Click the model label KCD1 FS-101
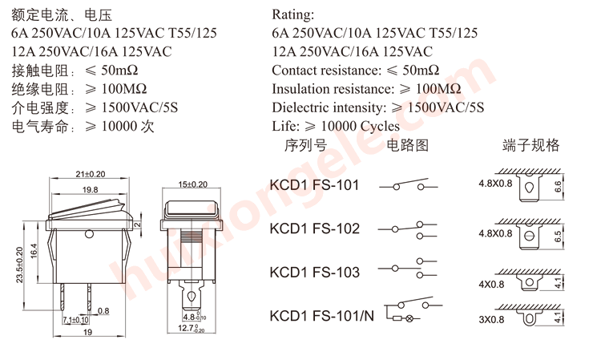(x=315, y=185)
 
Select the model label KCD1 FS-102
(x=315, y=229)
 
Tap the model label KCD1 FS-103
(x=315, y=273)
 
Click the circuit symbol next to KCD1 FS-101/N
(x=413, y=312)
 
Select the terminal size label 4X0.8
(x=495, y=284)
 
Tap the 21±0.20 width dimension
(x=90, y=174)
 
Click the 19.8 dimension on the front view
(x=90, y=190)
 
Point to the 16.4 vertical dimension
(x=34, y=251)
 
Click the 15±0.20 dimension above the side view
(x=192, y=184)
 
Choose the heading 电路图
(x=408, y=145)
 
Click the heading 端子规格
(x=531, y=145)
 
